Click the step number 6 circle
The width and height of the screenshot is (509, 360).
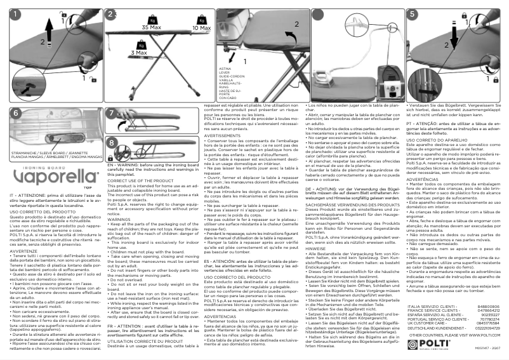(15, 112)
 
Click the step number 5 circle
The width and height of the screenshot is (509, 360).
(413, 13)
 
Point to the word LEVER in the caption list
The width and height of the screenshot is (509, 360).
(224, 72)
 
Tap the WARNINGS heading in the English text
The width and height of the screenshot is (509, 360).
(119, 219)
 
